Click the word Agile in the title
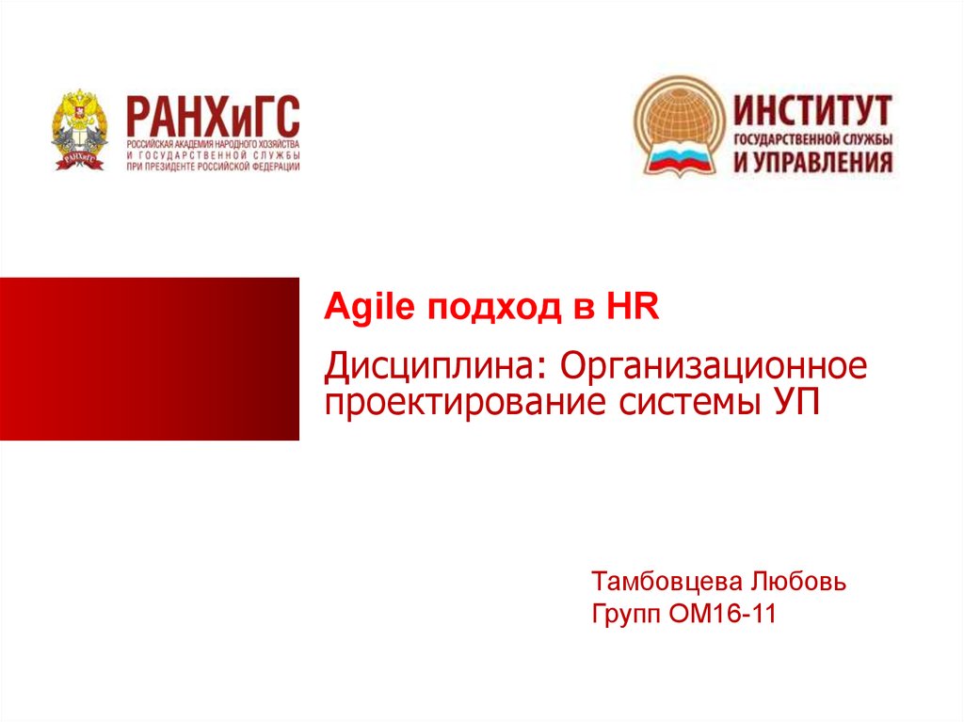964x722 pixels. [x=369, y=308]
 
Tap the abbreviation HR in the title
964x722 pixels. [x=633, y=306]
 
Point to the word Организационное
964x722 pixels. [x=714, y=366]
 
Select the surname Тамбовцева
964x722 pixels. [x=667, y=581]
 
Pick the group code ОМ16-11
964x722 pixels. [x=722, y=613]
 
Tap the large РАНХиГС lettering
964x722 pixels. [x=213, y=116]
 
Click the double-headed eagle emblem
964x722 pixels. [x=79, y=129]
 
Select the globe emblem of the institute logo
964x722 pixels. [x=680, y=126]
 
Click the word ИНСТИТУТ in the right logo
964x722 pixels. [x=812, y=111]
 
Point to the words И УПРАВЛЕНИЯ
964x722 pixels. [x=812, y=162]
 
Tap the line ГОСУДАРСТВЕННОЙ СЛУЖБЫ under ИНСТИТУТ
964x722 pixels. [x=812, y=139]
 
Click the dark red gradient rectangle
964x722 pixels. [x=150, y=360]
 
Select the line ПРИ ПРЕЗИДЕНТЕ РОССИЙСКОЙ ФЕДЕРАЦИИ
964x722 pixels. [x=214, y=167]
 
